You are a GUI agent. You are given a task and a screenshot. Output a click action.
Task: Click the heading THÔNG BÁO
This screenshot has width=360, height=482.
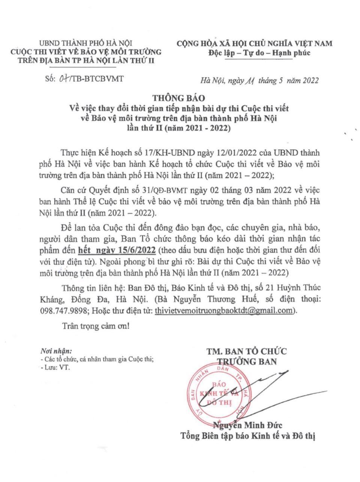point(178,98)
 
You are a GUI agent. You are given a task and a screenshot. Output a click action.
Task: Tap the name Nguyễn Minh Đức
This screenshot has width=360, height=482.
point(247,425)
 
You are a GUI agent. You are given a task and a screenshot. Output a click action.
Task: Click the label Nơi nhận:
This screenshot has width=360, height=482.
point(55,352)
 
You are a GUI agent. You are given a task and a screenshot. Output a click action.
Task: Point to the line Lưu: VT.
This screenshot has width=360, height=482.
point(55,368)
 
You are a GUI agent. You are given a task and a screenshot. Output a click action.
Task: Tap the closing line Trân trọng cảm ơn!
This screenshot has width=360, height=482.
point(96,326)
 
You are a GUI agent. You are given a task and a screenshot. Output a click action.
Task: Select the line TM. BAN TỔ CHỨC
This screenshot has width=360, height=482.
point(246,352)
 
